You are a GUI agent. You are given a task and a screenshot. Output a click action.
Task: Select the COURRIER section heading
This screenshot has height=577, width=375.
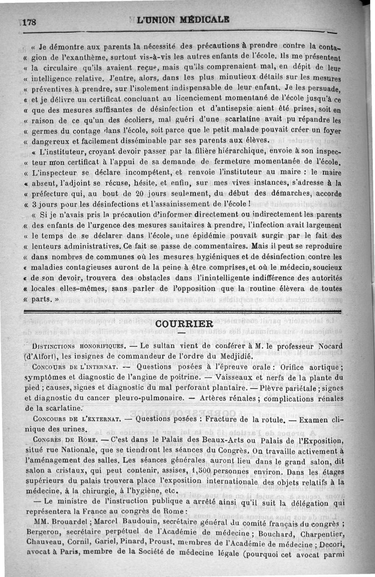click(x=184, y=324)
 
